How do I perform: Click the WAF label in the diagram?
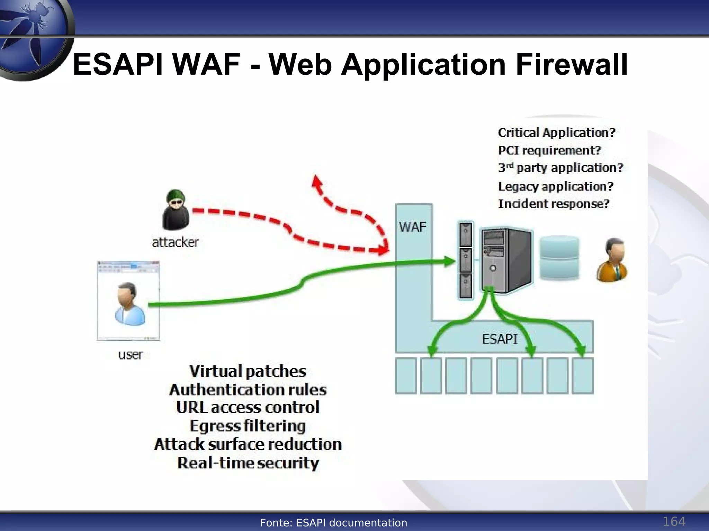pos(412,227)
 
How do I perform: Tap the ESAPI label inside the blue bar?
pos(500,339)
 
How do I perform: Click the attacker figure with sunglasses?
pos(176,209)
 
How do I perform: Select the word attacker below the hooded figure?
pos(175,242)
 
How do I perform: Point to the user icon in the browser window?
pos(130,304)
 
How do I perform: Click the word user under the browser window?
pos(130,355)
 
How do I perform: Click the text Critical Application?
pos(556,133)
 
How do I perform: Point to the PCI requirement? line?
pos(549,150)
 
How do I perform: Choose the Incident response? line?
pos(553,204)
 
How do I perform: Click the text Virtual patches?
pos(248,371)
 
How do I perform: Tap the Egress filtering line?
pos(248,426)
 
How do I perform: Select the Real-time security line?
pos(248,463)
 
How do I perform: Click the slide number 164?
pos(674,521)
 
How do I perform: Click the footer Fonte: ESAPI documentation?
pos(333,523)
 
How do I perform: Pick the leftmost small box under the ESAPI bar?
pos(406,376)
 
